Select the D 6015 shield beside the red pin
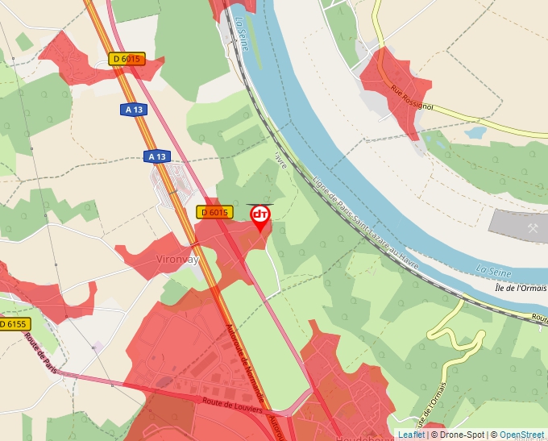(x=214, y=212)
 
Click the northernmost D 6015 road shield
(x=127, y=59)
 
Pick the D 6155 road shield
(x=13, y=324)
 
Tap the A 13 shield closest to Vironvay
(x=158, y=156)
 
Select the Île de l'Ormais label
(x=521, y=288)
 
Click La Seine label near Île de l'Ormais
(x=494, y=270)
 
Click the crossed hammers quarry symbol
(x=533, y=228)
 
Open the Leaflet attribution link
(x=413, y=435)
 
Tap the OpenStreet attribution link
(x=523, y=435)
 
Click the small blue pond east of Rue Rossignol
(x=475, y=131)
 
